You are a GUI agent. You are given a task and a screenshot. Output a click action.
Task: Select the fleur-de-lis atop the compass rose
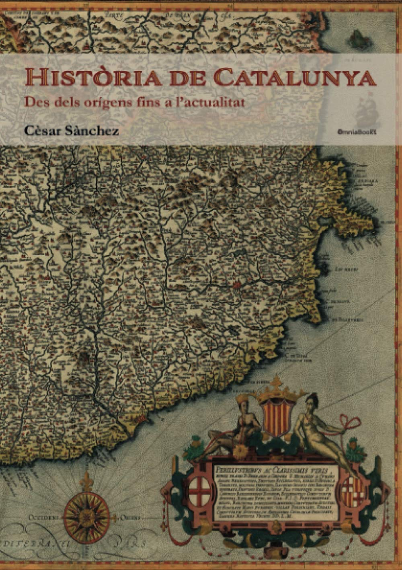(x=86, y=480)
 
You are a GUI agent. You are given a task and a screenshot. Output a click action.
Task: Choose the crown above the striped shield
(x=276, y=392)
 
